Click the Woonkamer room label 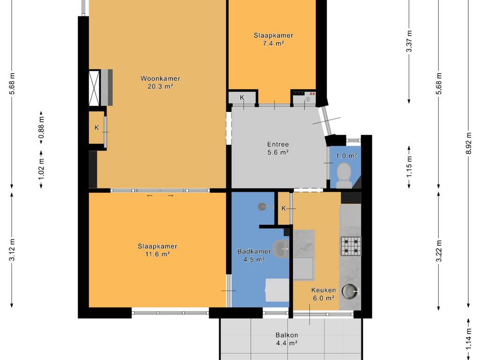(x=160, y=78)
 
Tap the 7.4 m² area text (x=273, y=43)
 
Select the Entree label (x=278, y=144)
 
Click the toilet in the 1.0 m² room (x=344, y=175)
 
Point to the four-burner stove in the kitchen (x=351, y=246)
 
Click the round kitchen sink (x=350, y=291)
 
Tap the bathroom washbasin (x=280, y=249)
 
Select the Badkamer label (x=254, y=252)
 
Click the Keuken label (x=323, y=290)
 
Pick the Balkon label (x=287, y=335)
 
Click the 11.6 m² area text (x=157, y=254)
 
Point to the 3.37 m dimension (x=409, y=41)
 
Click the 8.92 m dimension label (x=468, y=144)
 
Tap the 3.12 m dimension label (x=12, y=250)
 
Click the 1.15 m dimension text (x=409, y=166)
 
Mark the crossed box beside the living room (x=94, y=88)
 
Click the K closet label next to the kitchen (x=284, y=209)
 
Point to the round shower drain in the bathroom (x=262, y=207)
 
